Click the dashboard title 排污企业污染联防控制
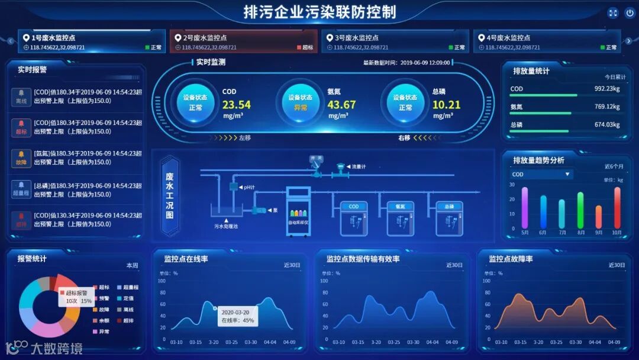tap(320, 12)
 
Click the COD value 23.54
tap(236, 105)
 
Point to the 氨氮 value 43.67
tap(341, 105)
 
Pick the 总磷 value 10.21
tap(446, 105)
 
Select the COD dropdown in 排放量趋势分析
tap(541, 174)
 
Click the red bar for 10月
tap(617, 207)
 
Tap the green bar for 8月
tap(580, 210)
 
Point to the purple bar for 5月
tap(525, 207)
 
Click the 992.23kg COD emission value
tap(607, 89)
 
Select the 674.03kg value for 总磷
tap(607, 124)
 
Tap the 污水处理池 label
tap(225, 226)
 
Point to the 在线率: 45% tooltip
tap(237, 316)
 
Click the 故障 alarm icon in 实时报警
tap(21, 158)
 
